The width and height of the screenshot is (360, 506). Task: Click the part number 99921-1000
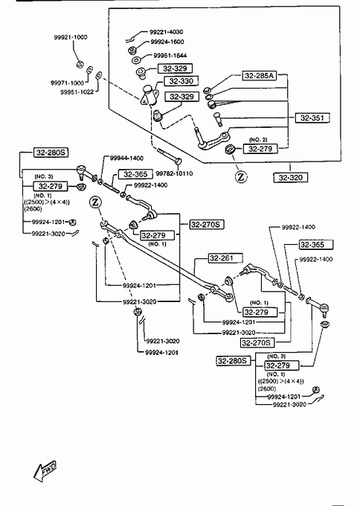pyautogui.click(x=71, y=37)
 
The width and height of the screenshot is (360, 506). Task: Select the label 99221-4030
pyautogui.click(x=166, y=32)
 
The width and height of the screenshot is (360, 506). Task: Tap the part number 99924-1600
pyautogui.click(x=167, y=42)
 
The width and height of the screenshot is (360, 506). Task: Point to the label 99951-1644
pyautogui.click(x=170, y=56)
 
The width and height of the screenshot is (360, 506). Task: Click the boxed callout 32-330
pyautogui.click(x=181, y=81)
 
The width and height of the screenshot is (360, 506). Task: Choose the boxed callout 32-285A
pyautogui.click(x=260, y=75)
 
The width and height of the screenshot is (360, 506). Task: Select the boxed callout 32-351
pyautogui.click(x=312, y=118)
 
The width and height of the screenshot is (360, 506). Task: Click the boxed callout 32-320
pyautogui.click(x=290, y=178)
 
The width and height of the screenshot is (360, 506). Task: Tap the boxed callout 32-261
pyautogui.click(x=221, y=258)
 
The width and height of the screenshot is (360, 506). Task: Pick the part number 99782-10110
pyautogui.click(x=174, y=173)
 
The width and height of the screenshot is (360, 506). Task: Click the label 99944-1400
pyautogui.click(x=126, y=158)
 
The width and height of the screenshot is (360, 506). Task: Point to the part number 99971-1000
pyautogui.click(x=67, y=83)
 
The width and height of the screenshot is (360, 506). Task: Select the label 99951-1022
pyautogui.click(x=77, y=92)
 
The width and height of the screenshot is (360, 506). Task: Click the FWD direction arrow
pyautogui.click(x=45, y=470)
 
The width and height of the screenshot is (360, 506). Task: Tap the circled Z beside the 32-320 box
pyautogui.click(x=241, y=177)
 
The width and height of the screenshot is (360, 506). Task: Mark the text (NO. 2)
pyautogui.click(x=258, y=140)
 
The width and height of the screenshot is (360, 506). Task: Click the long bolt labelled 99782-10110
pyautogui.click(x=170, y=156)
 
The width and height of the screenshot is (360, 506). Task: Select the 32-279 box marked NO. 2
pyautogui.click(x=260, y=149)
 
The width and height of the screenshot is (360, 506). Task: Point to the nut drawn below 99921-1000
pyautogui.click(x=80, y=64)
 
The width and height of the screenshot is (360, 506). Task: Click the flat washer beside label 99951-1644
pyautogui.click(x=137, y=60)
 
